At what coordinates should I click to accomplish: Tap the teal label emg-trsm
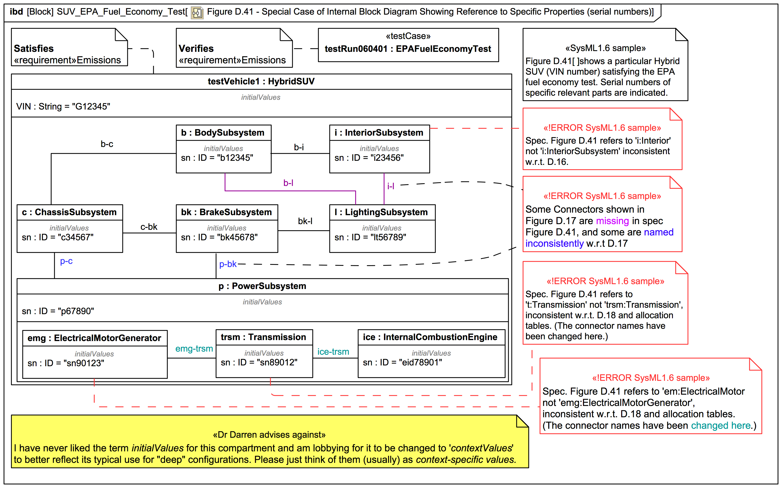[194, 349]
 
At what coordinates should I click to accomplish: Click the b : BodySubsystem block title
[223, 133]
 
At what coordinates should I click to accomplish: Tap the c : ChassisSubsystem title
[69, 212]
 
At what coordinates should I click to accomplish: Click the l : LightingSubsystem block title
[381, 212]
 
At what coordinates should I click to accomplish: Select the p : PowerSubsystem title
[262, 286]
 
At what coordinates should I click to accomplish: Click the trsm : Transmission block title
[263, 337]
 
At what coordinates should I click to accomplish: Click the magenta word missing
[612, 221]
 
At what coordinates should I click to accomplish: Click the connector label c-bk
[149, 227]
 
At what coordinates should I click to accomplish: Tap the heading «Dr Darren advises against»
[269, 435]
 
